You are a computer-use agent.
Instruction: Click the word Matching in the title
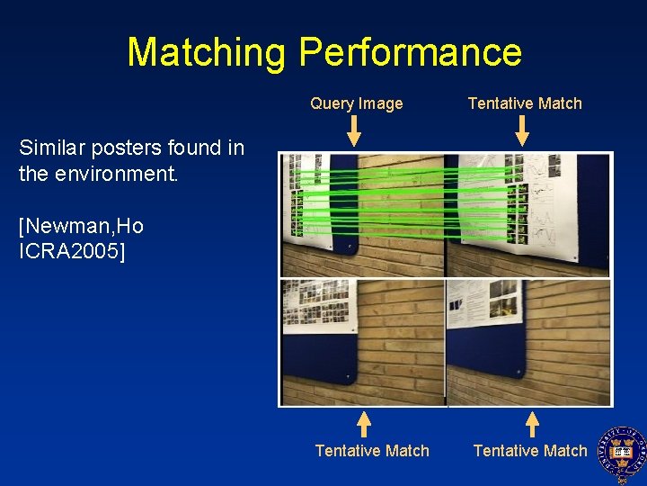pos(208,53)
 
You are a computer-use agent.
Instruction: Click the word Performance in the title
pos(410,53)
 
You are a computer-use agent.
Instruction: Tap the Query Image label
pos(357,103)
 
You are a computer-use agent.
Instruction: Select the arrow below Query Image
pos(354,131)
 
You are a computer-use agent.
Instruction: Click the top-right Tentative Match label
pos(525,103)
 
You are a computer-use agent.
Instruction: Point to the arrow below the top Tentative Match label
pos(522,131)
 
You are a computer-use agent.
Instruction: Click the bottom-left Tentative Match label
pos(372,451)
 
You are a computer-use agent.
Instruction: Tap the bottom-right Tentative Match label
pos(530,451)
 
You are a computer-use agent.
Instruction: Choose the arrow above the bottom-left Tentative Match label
pos(363,424)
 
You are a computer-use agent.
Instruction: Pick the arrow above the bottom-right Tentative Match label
pos(532,424)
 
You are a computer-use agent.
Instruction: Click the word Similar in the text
pos(51,148)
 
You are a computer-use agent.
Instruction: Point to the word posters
pos(122,148)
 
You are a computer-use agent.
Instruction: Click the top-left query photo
pos(362,215)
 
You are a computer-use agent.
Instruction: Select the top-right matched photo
pos(528,215)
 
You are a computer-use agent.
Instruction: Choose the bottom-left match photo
pos(362,342)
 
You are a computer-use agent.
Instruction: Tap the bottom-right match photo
pos(528,342)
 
